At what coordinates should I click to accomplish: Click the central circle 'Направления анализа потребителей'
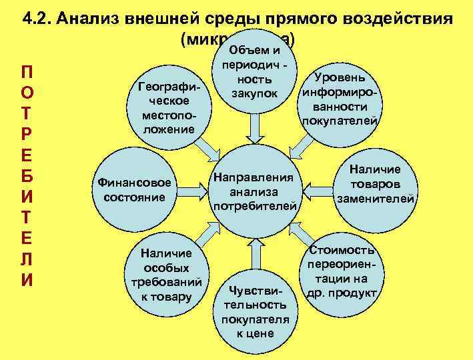pyautogui.click(x=254, y=192)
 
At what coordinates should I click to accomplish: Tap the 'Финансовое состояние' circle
pyautogui.click(x=135, y=190)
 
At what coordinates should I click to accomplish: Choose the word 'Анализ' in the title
pyautogui.click(x=87, y=18)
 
